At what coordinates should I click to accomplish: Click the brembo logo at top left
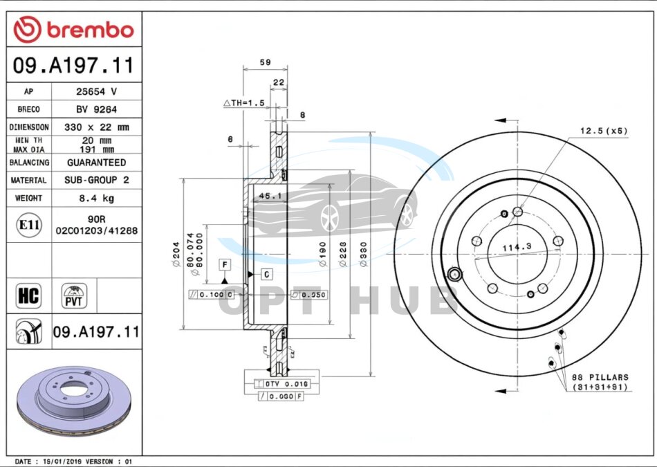coord(74,29)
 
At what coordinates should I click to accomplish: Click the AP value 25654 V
coord(96,91)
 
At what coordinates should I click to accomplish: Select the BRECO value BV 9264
coord(96,109)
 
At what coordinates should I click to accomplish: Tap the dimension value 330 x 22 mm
coord(96,127)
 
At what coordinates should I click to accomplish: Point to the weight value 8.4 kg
coord(96,198)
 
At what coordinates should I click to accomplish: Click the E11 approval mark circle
coord(28,225)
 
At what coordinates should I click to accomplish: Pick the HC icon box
coord(28,296)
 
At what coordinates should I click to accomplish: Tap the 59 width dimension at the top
coord(265,62)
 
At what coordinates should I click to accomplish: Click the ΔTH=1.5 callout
coord(243,103)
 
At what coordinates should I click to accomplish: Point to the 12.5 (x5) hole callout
coord(603,130)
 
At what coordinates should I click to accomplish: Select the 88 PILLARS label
coord(600,377)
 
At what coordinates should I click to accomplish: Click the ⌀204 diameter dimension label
coord(176,254)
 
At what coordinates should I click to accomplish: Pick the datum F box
coord(224,264)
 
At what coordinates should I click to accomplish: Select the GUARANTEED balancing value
coord(96,163)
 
